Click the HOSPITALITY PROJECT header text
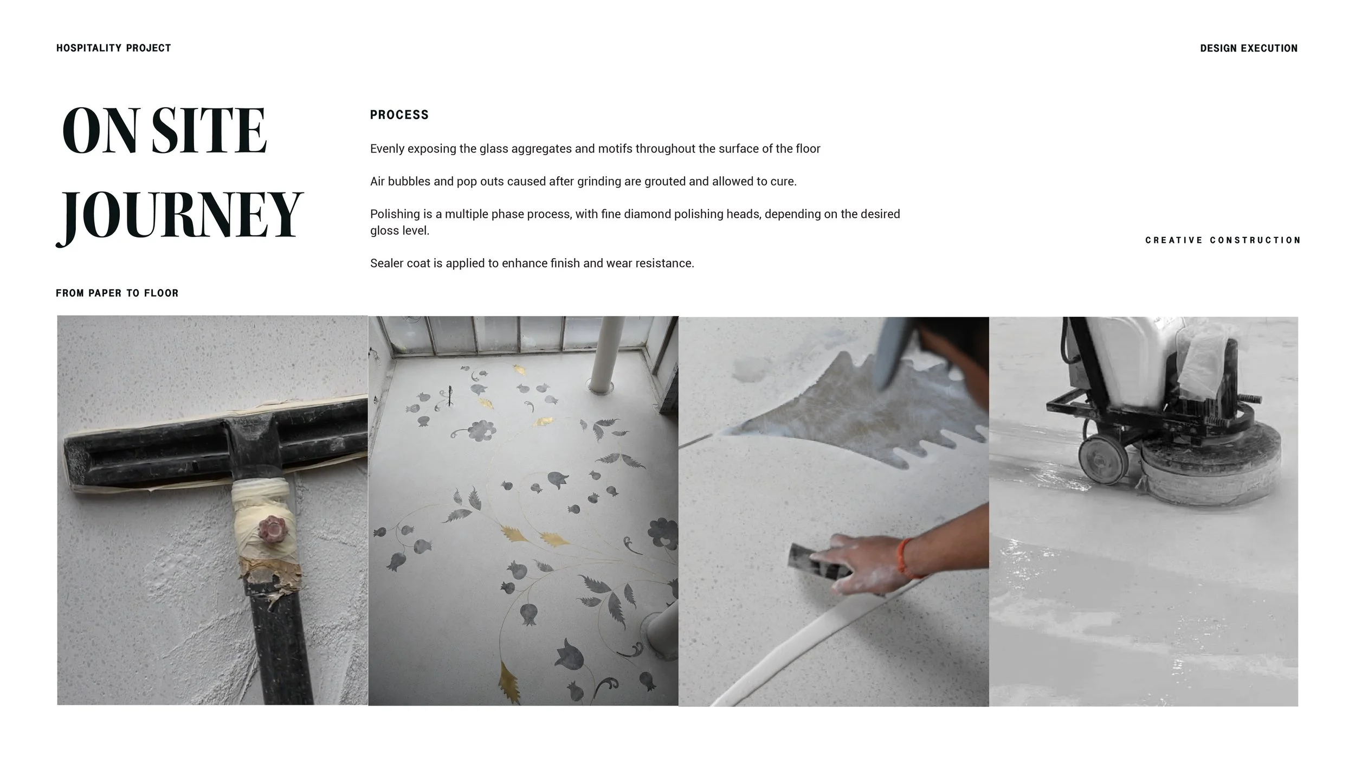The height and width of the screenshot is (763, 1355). (113, 48)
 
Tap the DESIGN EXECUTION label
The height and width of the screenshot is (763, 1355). (1248, 48)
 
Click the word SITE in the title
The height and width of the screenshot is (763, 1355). (209, 131)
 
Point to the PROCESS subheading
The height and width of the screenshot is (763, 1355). (399, 115)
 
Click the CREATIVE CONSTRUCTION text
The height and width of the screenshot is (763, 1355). (1222, 240)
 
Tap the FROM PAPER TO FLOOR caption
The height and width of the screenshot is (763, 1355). (117, 293)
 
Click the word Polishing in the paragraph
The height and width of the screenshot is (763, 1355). (395, 214)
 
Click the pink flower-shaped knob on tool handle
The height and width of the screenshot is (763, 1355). (269, 528)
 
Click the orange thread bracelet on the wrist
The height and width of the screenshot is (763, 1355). (903, 558)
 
